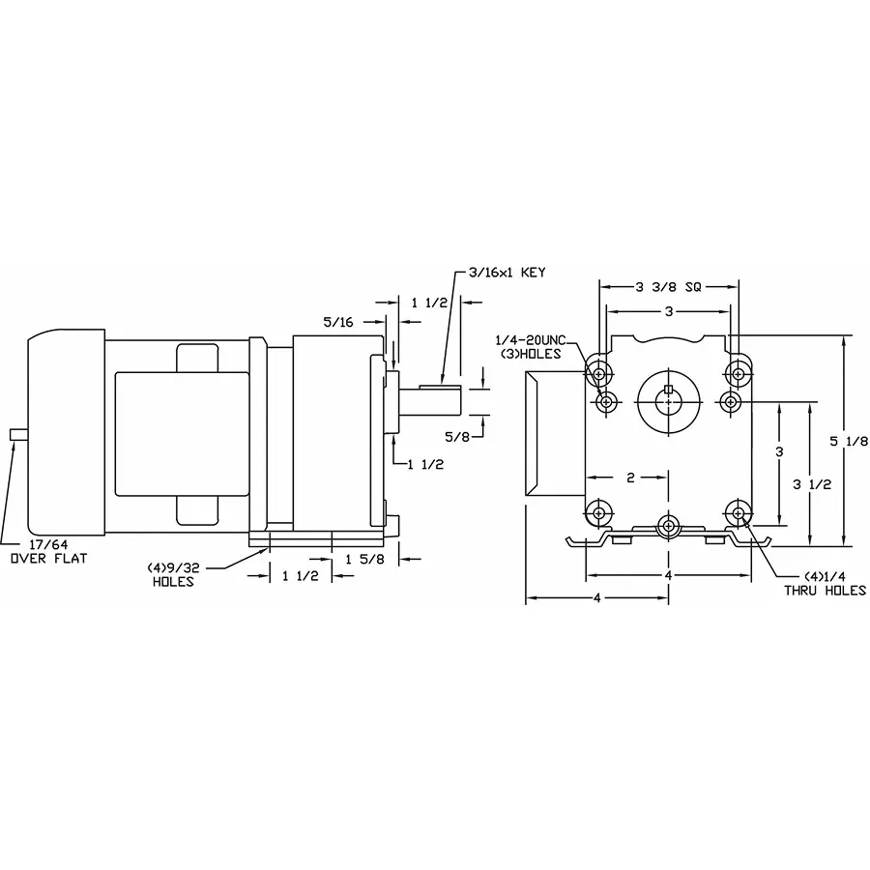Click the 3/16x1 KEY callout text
tap(507, 273)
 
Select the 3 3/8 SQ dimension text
tap(669, 287)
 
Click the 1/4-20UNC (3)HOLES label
tap(535, 346)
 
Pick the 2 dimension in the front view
tap(629, 478)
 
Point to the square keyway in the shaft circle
tap(668, 390)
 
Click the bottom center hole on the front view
tap(668, 525)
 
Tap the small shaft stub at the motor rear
tap(15, 434)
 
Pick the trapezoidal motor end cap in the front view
tap(537, 436)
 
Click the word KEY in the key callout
tap(533, 273)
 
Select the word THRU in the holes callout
tap(803, 592)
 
